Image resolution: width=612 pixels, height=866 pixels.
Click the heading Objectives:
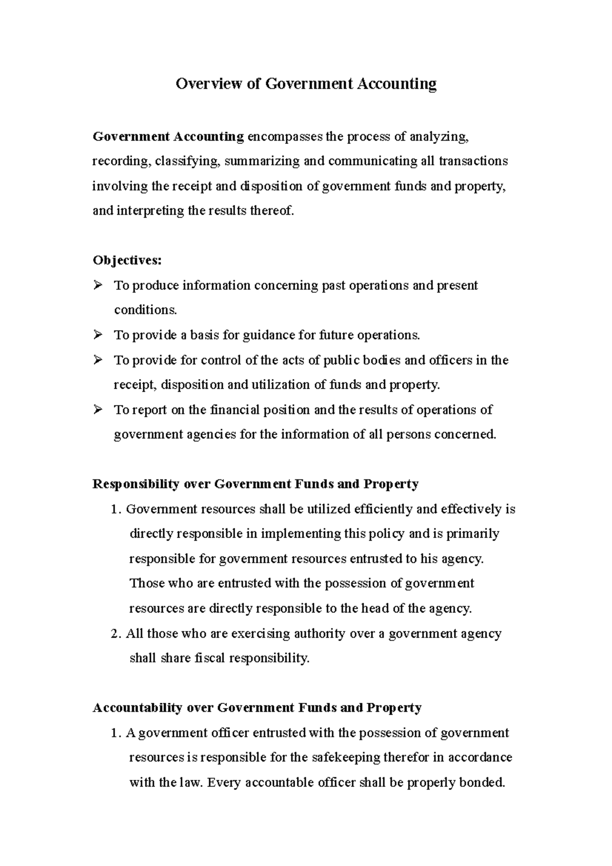(127, 261)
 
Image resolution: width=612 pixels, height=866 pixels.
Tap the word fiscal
(210, 658)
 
